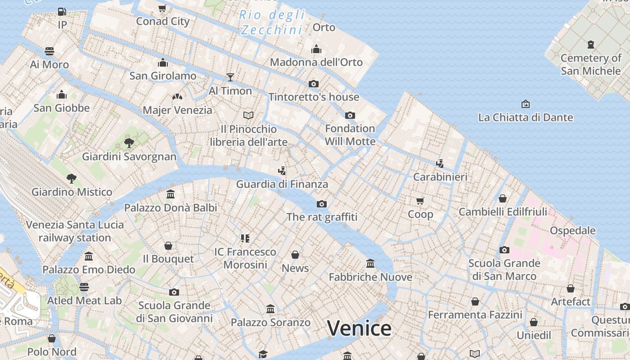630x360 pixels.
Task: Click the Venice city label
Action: (359, 328)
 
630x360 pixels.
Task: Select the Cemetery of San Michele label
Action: (590, 64)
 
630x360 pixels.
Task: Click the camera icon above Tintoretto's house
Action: (314, 84)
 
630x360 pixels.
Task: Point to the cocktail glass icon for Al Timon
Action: (230, 77)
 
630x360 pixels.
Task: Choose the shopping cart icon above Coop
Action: (420, 201)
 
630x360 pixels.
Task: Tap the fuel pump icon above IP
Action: (62, 12)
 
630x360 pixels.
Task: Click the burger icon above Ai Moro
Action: (49, 51)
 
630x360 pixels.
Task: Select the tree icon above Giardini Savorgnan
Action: (129, 143)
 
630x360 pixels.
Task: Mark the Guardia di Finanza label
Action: (282, 184)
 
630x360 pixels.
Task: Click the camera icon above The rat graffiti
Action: (322, 204)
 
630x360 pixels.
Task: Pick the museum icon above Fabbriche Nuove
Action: (370, 263)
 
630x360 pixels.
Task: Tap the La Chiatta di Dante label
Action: (525, 118)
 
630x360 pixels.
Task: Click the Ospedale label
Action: (572, 230)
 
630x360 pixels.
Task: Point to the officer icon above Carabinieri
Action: (440, 164)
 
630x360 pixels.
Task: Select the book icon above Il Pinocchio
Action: (248, 115)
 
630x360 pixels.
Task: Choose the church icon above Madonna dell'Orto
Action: (316, 49)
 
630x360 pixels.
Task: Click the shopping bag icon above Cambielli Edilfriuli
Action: (503, 198)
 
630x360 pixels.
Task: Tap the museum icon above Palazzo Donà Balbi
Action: (171, 194)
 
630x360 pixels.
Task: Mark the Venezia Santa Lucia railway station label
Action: (75, 231)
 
